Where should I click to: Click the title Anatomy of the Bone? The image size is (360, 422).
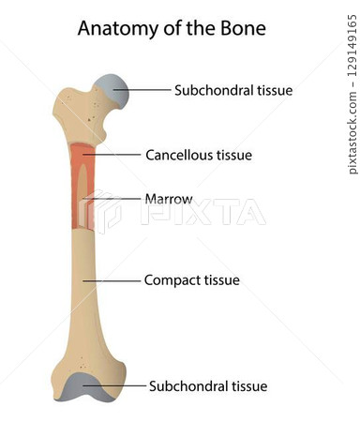click(172, 28)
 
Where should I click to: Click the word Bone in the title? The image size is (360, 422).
click(240, 28)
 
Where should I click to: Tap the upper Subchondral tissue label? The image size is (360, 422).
click(233, 90)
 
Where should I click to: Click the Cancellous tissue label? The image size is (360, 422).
click(199, 153)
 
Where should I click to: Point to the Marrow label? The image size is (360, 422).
click(169, 199)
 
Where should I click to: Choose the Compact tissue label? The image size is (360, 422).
click(192, 279)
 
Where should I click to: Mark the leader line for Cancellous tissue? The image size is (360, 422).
click(113, 153)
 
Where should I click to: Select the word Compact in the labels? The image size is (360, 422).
click(171, 279)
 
